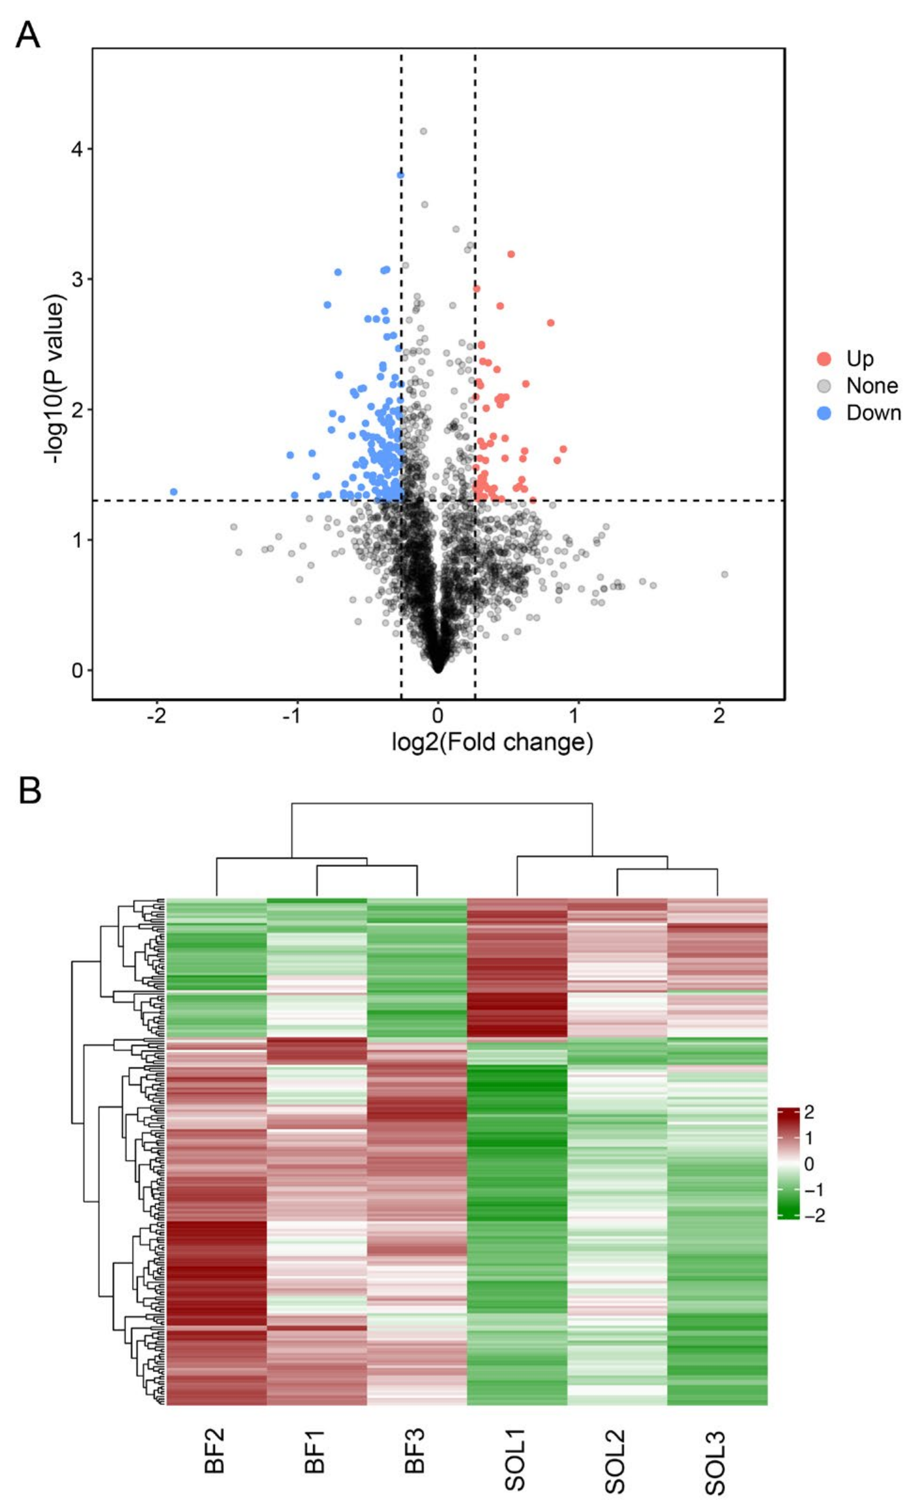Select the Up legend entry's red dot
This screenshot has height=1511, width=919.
(x=824, y=359)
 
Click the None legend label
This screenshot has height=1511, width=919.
(x=872, y=386)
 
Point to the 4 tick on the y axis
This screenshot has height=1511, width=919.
(x=77, y=148)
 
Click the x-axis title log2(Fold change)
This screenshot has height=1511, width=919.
(x=492, y=742)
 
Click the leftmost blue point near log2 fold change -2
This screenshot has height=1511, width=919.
(x=174, y=492)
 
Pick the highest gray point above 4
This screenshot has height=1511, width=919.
(x=423, y=131)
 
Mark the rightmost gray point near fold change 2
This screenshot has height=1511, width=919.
(x=725, y=574)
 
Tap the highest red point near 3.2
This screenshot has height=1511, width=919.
(x=511, y=254)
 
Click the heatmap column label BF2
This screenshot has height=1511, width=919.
(x=214, y=1450)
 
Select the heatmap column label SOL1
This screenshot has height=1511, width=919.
(x=515, y=1459)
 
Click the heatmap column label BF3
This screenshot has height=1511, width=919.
(x=415, y=1450)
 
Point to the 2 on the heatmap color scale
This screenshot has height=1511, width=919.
(x=808, y=1112)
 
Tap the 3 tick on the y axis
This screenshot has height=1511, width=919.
(x=77, y=279)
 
